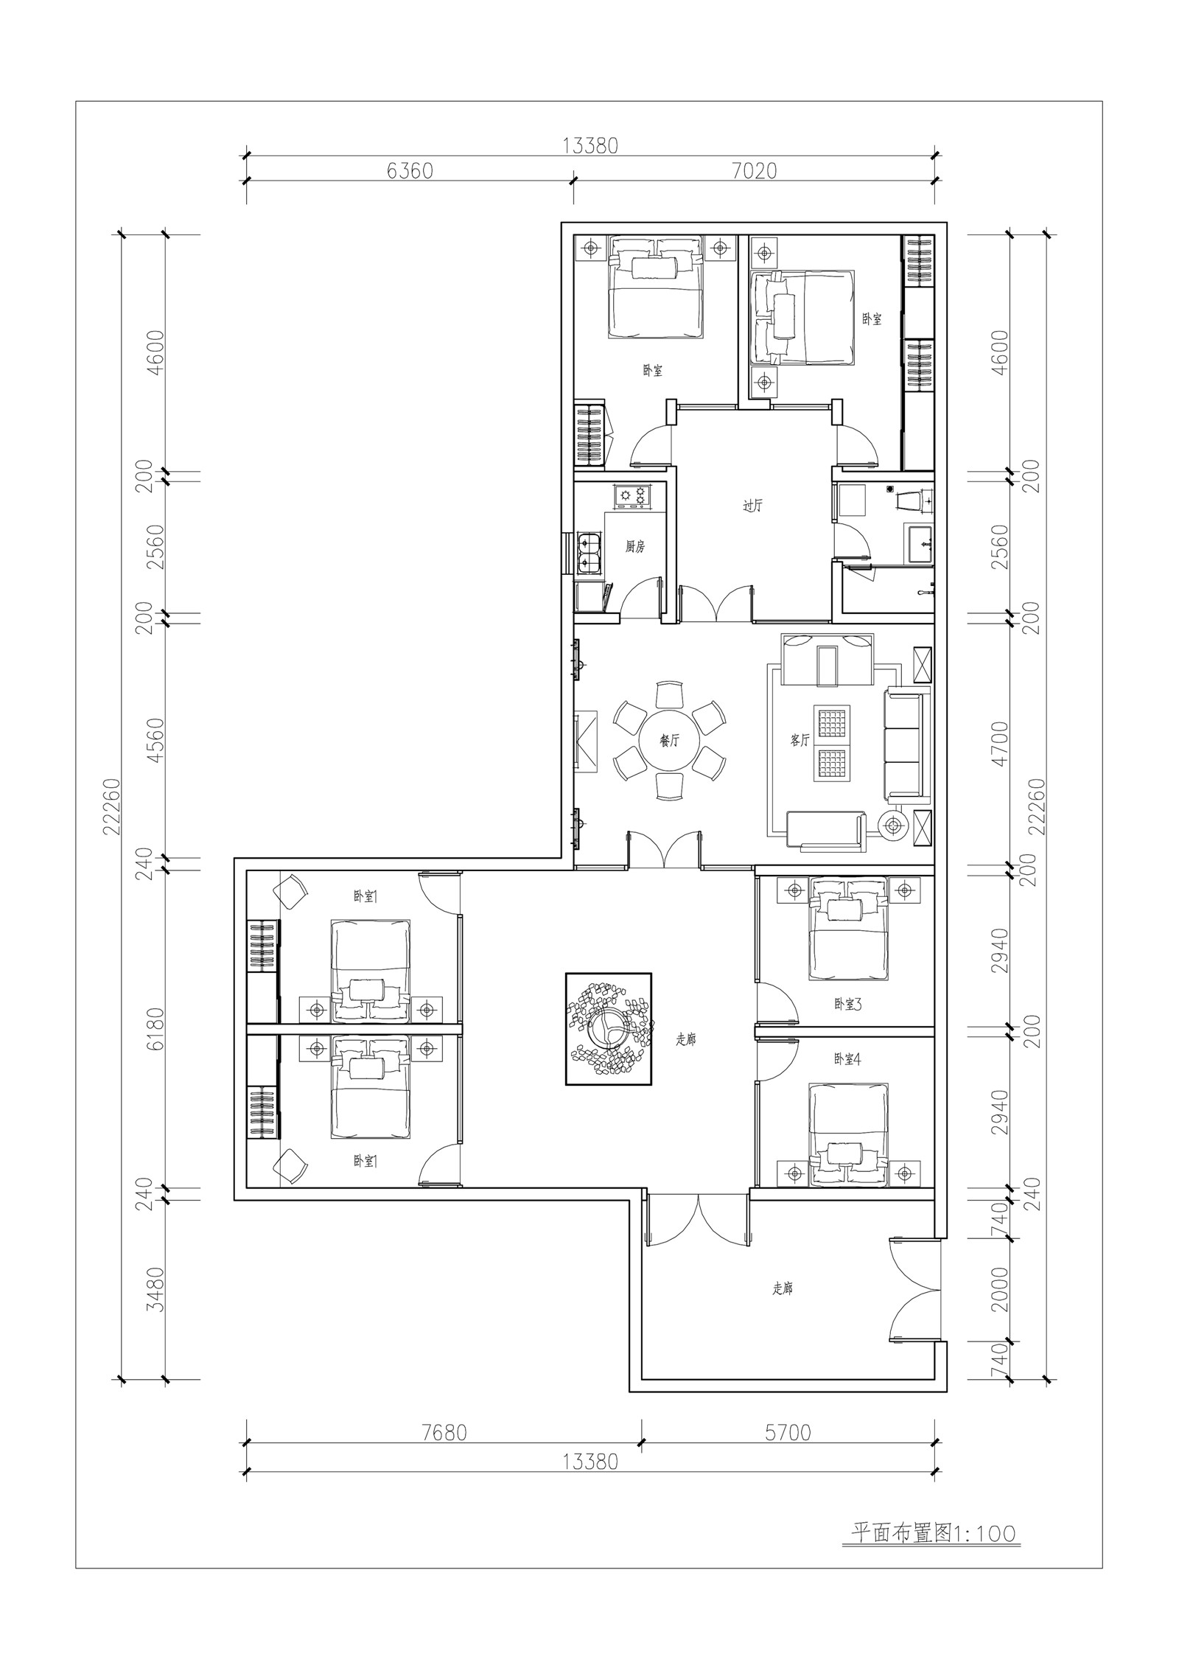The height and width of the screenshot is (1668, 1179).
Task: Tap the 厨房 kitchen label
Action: pos(635,548)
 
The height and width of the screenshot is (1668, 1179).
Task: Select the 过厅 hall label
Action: pos(752,506)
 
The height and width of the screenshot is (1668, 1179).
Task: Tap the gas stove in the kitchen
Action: pos(632,495)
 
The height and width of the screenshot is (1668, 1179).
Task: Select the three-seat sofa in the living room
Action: pos(905,744)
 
